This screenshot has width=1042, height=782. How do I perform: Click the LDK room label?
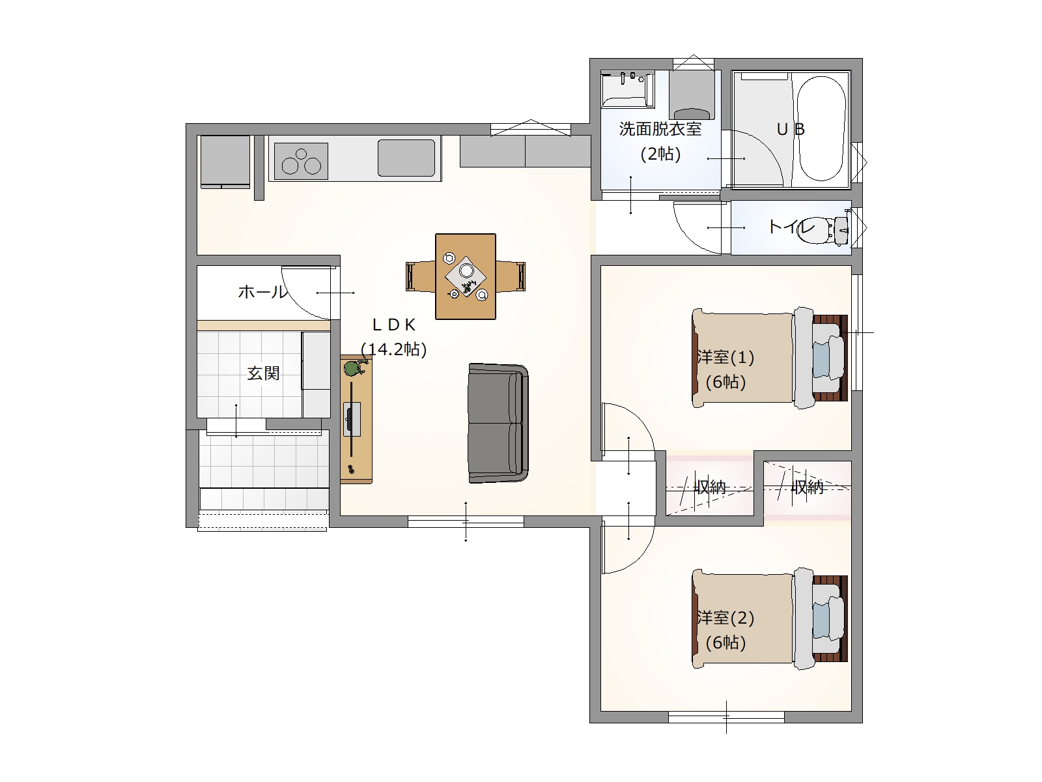(x=394, y=325)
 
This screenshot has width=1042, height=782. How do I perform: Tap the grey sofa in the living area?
(x=498, y=423)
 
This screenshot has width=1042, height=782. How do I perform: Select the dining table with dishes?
(x=466, y=276)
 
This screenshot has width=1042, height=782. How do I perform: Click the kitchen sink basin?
(x=406, y=157)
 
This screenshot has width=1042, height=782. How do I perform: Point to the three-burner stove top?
(x=301, y=161)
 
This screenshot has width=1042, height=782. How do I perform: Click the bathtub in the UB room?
(x=821, y=128)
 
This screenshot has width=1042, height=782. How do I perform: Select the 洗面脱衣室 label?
(x=660, y=128)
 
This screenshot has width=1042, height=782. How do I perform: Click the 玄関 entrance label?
(x=263, y=373)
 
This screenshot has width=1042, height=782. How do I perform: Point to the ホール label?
(x=262, y=291)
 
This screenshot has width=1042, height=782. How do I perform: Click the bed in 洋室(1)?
(x=770, y=358)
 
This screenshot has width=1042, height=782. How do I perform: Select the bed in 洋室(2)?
(x=770, y=618)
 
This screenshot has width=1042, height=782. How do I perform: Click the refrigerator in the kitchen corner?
(x=225, y=162)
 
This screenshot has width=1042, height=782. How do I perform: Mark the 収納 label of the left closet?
(x=710, y=487)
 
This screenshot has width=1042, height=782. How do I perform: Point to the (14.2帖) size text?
(x=394, y=349)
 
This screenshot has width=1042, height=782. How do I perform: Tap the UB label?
(x=791, y=128)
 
